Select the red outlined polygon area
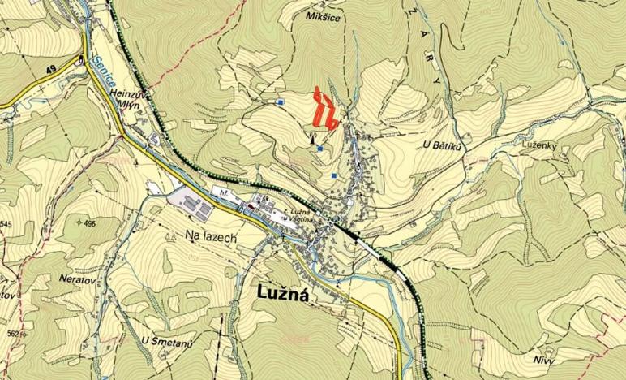325,110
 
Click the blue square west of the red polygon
280,102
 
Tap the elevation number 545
6,224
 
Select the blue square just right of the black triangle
320,149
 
